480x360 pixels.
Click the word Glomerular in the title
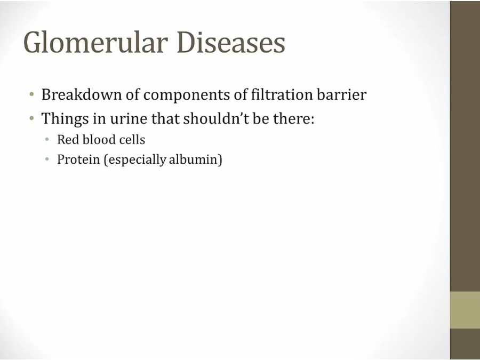(96, 42)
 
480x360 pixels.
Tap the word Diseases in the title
(231, 42)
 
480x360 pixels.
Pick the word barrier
(342, 94)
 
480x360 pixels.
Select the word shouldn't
(216, 118)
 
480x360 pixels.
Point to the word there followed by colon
(293, 118)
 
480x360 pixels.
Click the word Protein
(78, 159)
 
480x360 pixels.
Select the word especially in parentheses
(135, 160)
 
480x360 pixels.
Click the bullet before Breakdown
(31, 94)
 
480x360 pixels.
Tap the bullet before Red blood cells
(47, 140)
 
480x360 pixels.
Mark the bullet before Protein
(47, 159)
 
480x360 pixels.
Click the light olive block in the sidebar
(465, 310)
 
